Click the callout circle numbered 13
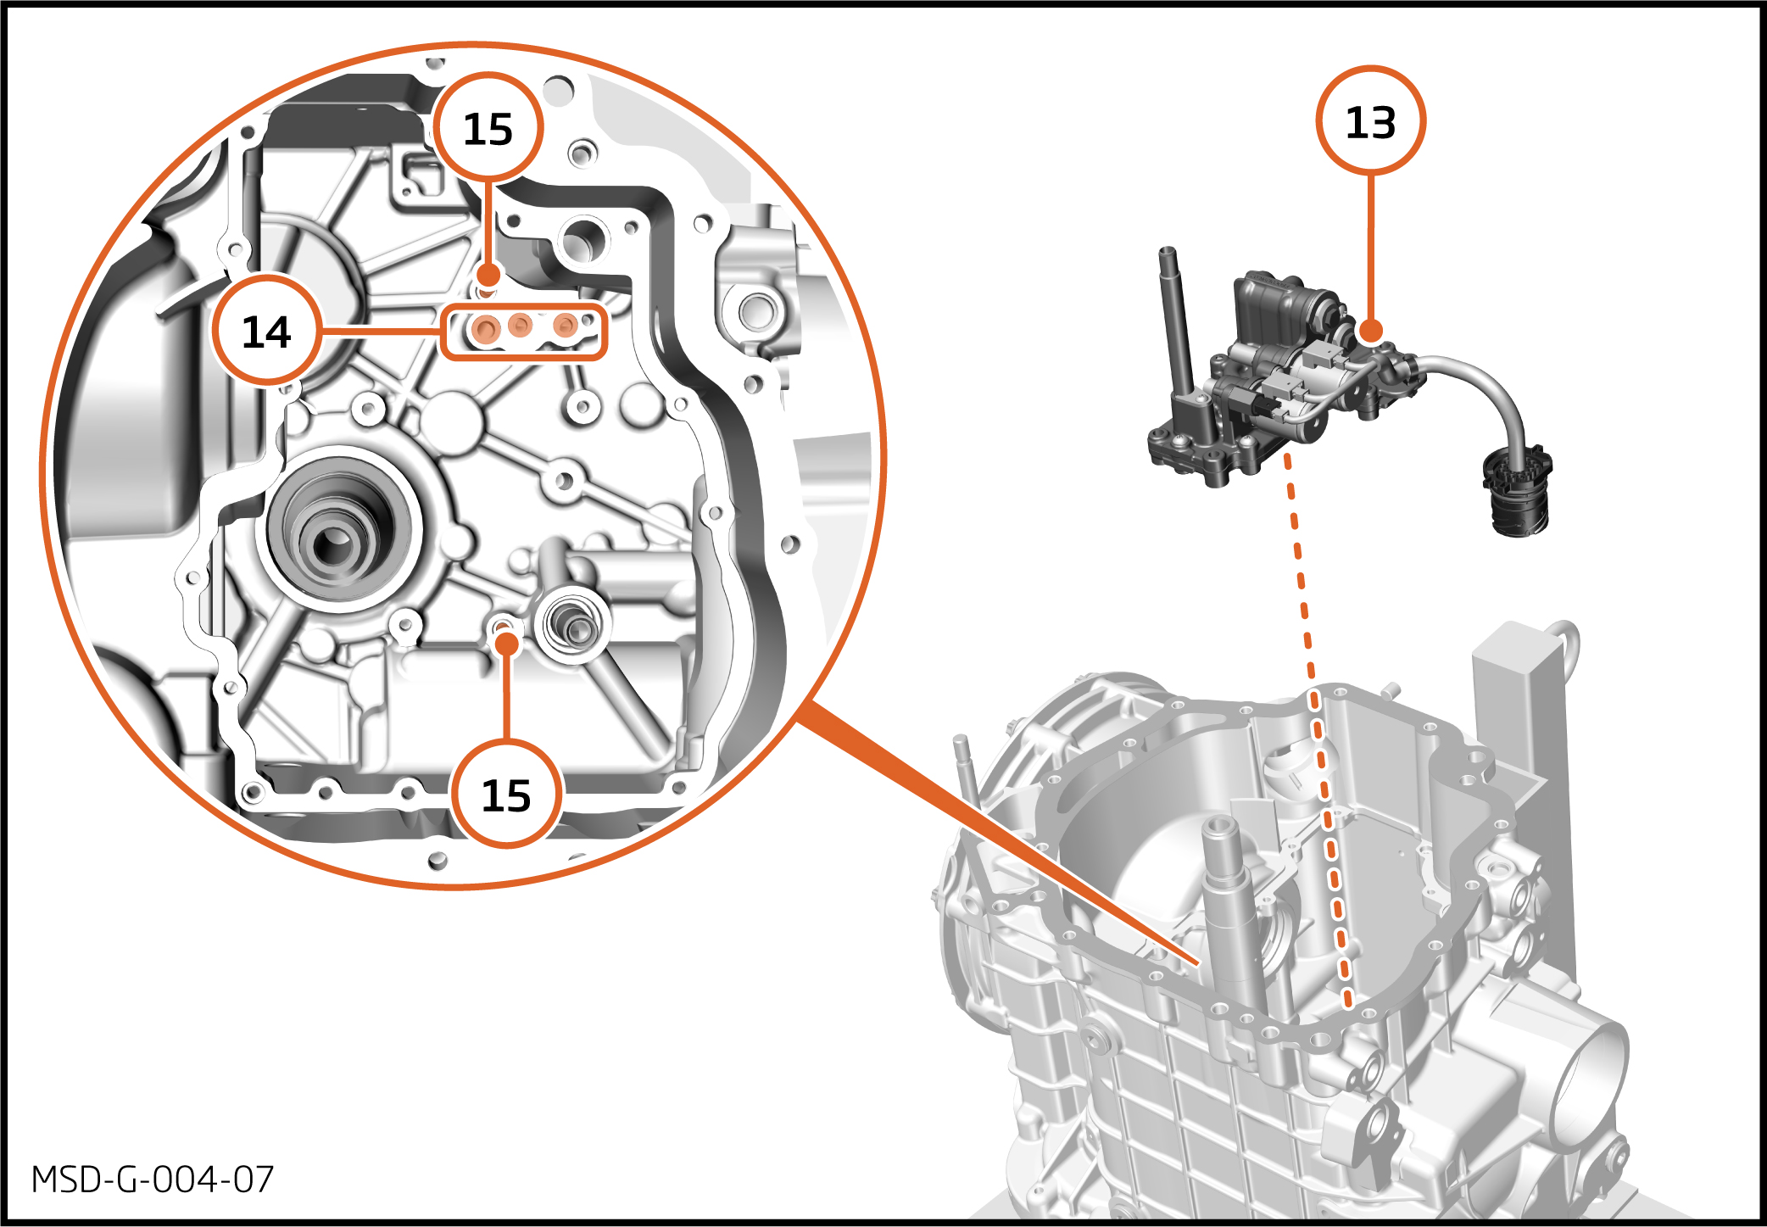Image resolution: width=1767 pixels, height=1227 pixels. (1370, 121)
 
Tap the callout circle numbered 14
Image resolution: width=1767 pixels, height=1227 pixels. (267, 331)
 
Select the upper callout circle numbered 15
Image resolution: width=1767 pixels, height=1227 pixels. (488, 128)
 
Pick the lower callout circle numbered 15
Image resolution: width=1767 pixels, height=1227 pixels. (506, 795)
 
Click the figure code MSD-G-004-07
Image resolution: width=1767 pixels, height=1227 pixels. (153, 1180)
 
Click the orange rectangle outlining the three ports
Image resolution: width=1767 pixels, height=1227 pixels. (524, 332)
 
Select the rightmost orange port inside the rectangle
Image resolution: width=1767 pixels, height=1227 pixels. (566, 326)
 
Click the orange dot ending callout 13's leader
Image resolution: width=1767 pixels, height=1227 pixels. (1370, 330)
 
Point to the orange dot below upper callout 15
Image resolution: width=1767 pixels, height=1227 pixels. (488, 275)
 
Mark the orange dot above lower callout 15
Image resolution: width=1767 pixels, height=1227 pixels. (507, 644)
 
